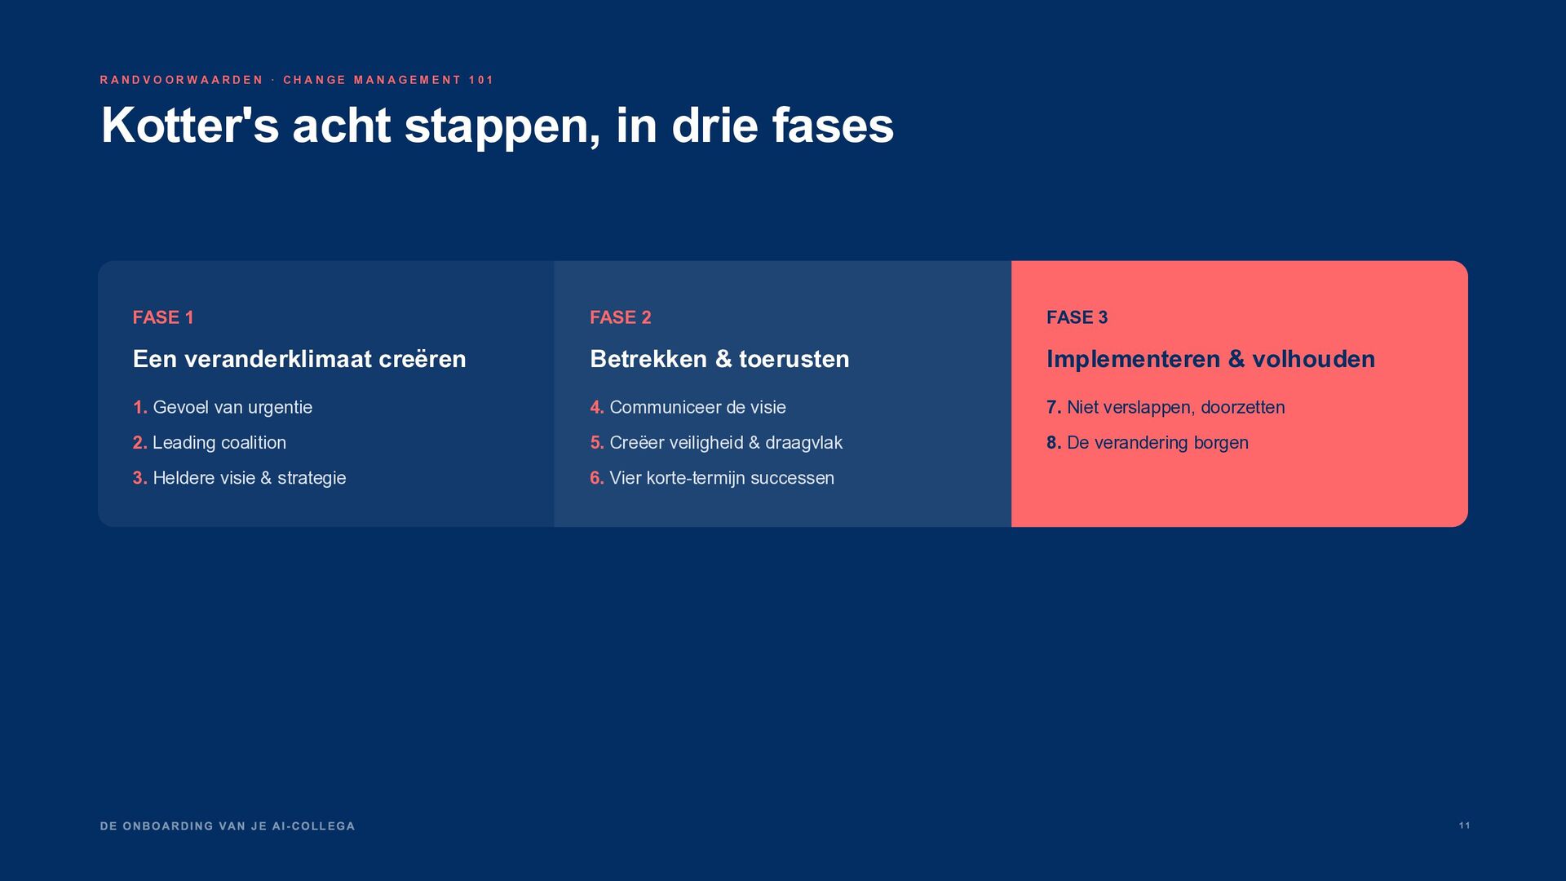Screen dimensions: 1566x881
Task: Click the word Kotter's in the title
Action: pos(190,126)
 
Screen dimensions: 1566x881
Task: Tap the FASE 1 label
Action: pos(163,317)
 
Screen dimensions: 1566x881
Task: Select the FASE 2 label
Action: pos(621,317)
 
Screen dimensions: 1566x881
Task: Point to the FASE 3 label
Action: pos(1077,317)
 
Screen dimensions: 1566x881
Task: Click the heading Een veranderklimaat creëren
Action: pos(299,359)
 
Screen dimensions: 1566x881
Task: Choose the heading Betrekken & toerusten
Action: pos(719,359)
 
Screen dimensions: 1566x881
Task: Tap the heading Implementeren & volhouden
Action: pos(1211,359)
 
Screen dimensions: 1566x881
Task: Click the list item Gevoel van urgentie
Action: pos(232,407)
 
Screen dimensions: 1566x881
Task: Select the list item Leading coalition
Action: pos(219,442)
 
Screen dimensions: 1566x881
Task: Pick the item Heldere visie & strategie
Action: pos(250,478)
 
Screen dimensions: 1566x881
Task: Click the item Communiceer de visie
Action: pos(698,407)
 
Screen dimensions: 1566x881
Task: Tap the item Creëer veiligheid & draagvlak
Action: pos(726,442)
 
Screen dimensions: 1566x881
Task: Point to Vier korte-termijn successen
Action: pos(722,478)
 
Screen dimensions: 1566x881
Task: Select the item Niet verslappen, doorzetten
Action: pos(1176,407)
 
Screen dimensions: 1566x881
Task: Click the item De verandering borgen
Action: pos(1157,442)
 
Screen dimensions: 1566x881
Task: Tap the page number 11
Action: pos(1465,826)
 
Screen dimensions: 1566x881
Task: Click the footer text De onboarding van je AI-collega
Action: pos(228,826)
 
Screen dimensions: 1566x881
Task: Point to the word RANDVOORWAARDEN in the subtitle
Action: pos(181,80)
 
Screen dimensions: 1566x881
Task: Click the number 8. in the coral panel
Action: pos(1054,442)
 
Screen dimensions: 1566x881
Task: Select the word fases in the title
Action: pos(833,126)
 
